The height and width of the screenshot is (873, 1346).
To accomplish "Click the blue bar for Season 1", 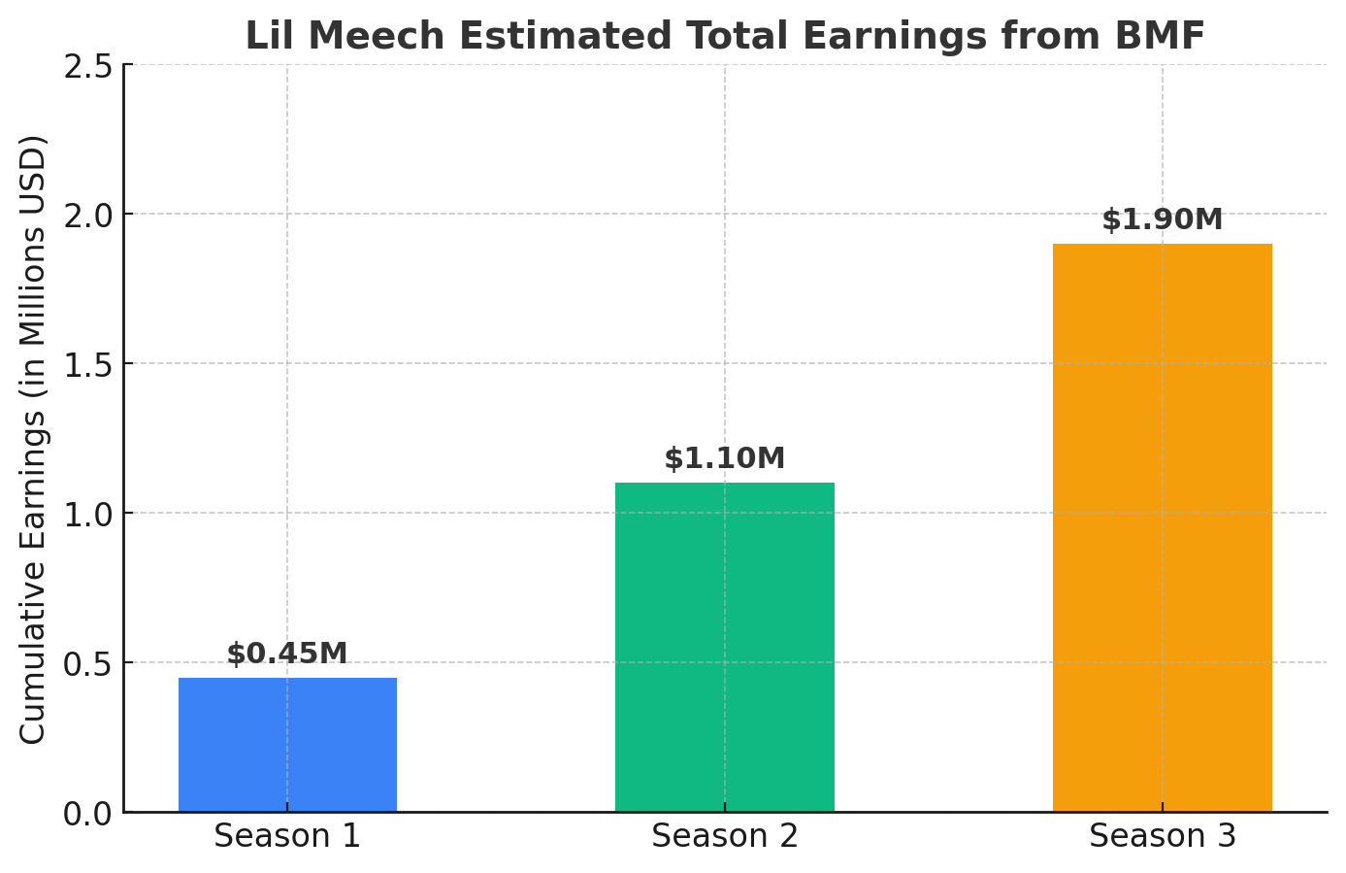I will [x=287, y=745].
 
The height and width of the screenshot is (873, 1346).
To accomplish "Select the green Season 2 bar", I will [x=724, y=647].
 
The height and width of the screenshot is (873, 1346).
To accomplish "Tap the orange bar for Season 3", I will [x=1162, y=527].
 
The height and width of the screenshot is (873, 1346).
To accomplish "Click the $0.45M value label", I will [x=287, y=654].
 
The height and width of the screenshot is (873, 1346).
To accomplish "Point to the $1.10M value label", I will [x=724, y=458].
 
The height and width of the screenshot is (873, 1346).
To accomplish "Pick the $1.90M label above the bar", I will [x=1162, y=219].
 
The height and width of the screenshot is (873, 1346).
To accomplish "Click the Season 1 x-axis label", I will [x=287, y=836].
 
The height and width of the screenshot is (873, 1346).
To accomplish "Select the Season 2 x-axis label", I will [x=724, y=836].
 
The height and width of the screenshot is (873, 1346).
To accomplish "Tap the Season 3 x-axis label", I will [x=1162, y=836].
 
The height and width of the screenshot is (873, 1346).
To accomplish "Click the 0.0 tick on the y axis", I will [x=87, y=813].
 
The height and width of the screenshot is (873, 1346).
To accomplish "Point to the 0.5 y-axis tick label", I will [x=87, y=663].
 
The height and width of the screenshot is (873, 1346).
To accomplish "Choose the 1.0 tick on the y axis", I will [x=87, y=514].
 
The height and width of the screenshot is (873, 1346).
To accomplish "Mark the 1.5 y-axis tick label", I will [x=87, y=364].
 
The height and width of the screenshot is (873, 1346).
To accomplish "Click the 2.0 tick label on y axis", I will [x=87, y=215].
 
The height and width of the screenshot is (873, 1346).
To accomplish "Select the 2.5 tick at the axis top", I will [x=87, y=66].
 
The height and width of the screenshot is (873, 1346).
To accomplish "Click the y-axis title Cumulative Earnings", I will [x=33, y=439].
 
